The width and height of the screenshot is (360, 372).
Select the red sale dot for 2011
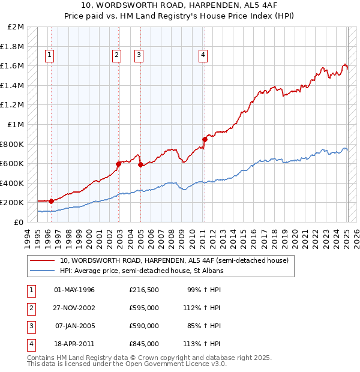(x=205, y=139)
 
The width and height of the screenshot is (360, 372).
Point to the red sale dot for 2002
(x=118, y=163)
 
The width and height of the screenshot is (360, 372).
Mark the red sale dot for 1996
(x=51, y=201)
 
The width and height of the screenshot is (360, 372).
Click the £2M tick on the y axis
(x=16, y=27)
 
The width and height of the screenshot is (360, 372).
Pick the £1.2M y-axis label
(x=13, y=105)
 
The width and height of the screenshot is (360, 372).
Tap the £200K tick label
(x=13, y=203)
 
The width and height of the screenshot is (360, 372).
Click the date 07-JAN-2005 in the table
(x=74, y=326)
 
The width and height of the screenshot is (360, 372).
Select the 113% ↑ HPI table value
(x=204, y=344)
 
